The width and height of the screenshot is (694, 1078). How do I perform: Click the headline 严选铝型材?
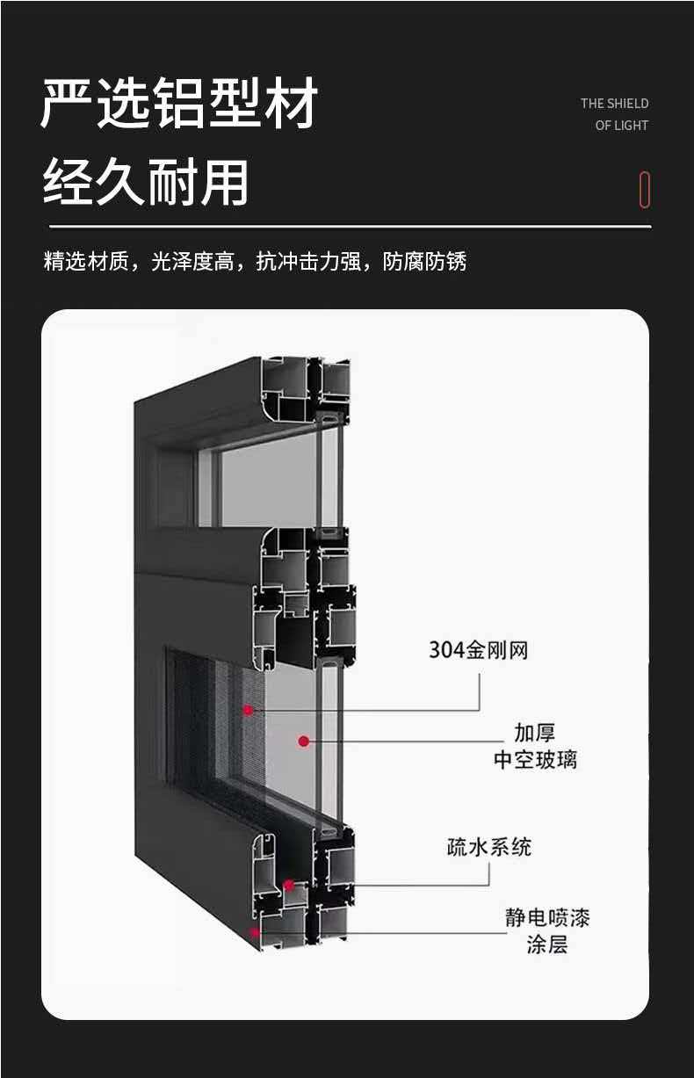pyautogui.click(x=179, y=103)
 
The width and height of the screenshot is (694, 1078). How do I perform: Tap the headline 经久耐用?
pyautogui.click(x=146, y=183)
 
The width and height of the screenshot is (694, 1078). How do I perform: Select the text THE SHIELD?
pyautogui.click(x=614, y=104)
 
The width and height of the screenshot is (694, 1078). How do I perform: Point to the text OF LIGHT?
pyautogui.click(x=621, y=125)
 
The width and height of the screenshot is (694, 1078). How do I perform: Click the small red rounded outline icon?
pyautogui.click(x=645, y=190)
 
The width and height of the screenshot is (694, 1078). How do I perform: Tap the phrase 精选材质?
pyautogui.click(x=86, y=261)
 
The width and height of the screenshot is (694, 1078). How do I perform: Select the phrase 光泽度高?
pyautogui.click(x=192, y=261)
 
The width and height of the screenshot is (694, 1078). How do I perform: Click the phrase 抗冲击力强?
pyautogui.click(x=308, y=261)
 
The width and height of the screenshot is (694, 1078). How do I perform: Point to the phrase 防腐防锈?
pyautogui.click(x=424, y=261)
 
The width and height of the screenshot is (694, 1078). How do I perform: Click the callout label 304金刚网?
pyautogui.click(x=479, y=650)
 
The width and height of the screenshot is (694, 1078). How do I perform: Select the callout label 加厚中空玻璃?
pyautogui.click(x=535, y=747)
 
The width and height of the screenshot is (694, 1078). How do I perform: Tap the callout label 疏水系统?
pyautogui.click(x=489, y=847)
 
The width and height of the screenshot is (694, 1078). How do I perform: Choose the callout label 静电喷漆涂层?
pyautogui.click(x=547, y=931)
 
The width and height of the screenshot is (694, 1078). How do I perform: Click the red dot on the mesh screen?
pyautogui.click(x=248, y=710)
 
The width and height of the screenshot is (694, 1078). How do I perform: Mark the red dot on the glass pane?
pyautogui.click(x=303, y=742)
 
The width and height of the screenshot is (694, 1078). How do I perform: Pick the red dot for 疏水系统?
pyautogui.click(x=289, y=885)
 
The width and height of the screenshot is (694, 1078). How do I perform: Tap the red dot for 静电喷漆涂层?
pyautogui.click(x=255, y=932)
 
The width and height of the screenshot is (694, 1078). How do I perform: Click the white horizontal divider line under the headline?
pyautogui.click(x=351, y=226)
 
